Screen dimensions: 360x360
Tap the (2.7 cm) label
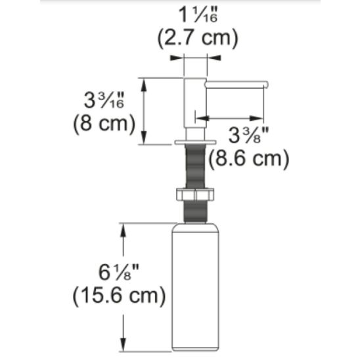pos(197,38)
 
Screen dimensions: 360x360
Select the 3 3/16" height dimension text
pos(105,101)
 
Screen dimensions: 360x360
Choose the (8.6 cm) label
pos(248,158)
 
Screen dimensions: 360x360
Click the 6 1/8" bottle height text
pos(117,272)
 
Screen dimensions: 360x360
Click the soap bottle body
pos(195,289)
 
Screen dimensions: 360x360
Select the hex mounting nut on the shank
pos(195,195)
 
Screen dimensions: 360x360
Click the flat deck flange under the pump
pos(195,141)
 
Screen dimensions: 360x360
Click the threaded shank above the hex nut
pos(195,167)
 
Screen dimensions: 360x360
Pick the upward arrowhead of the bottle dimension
pos(122,228)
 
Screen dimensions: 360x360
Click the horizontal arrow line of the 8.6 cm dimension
pos(230,119)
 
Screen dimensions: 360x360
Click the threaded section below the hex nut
pos(195,212)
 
